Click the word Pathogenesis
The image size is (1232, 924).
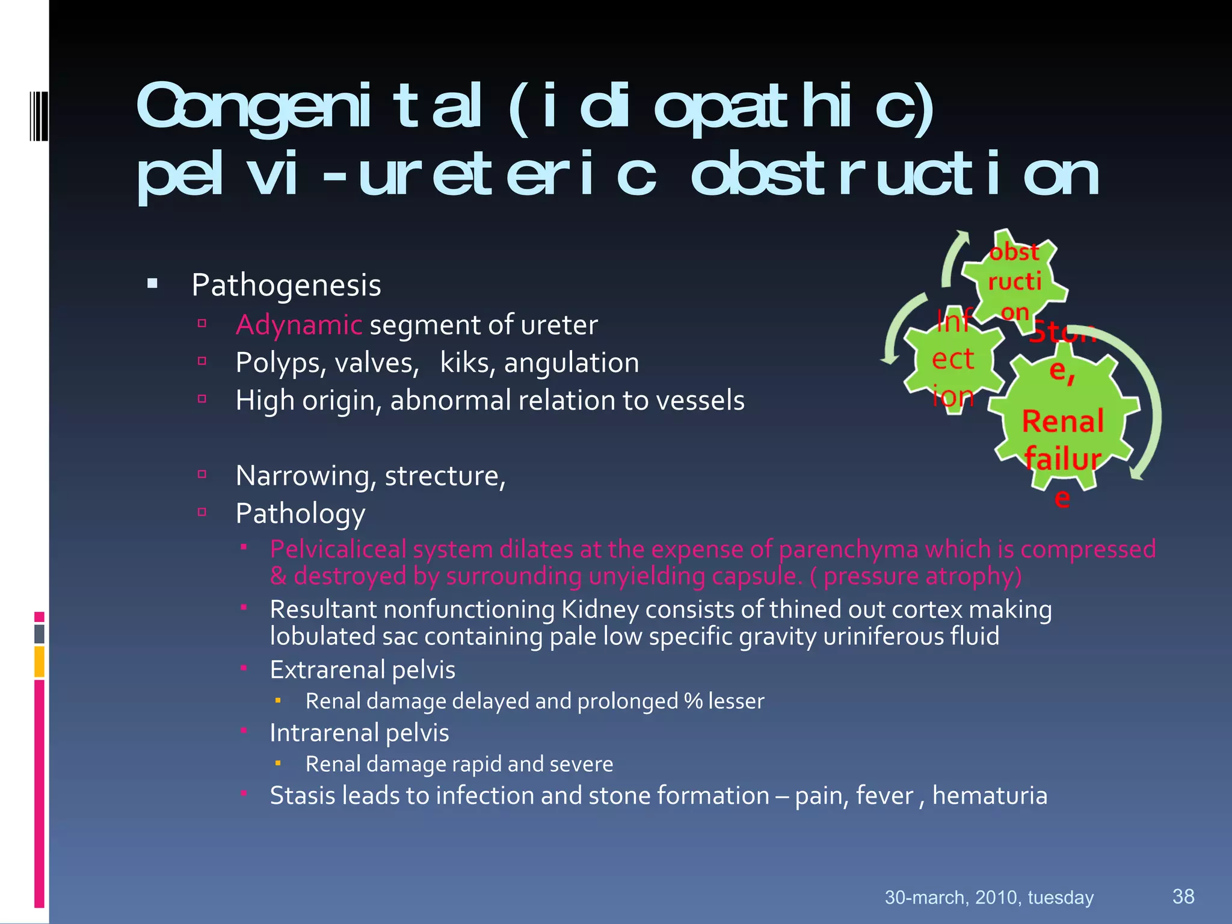286,286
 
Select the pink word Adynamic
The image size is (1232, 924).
298,325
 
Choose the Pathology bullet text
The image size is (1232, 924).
300,514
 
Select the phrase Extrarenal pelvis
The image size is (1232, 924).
362,670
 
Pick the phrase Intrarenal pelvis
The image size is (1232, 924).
359,733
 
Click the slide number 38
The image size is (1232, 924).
1183,896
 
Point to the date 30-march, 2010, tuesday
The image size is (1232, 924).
988,898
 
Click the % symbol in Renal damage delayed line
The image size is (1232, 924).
693,701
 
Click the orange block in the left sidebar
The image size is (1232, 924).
39,661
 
